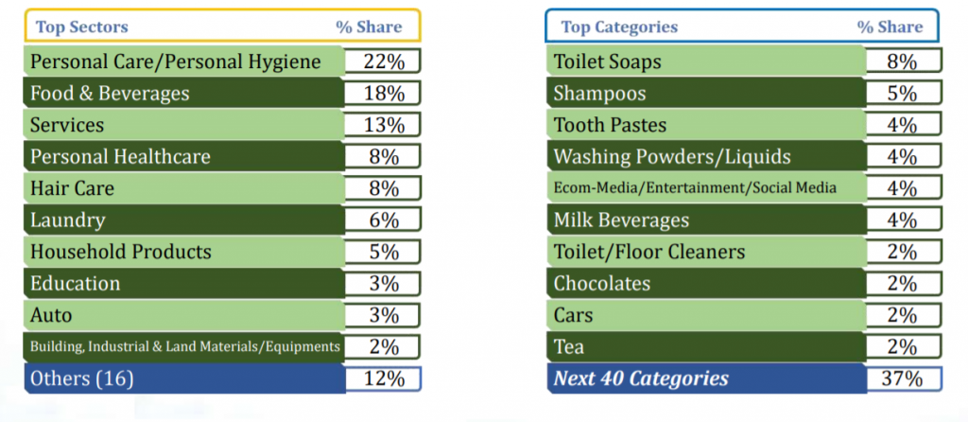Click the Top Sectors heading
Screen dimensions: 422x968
[x=82, y=27]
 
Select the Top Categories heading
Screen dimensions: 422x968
[x=619, y=27]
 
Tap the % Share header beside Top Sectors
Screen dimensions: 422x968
[x=369, y=27]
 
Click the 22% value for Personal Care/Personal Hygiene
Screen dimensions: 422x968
[x=382, y=62]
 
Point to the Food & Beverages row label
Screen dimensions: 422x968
[x=110, y=94]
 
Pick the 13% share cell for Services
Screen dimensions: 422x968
[x=382, y=126]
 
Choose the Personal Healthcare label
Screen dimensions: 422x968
[x=120, y=157]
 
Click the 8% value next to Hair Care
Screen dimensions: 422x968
[x=382, y=188]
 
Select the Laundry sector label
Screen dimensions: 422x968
[x=68, y=220]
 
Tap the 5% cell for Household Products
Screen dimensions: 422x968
[x=382, y=252]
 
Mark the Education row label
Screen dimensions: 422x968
[x=76, y=284]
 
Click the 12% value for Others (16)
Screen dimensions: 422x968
[x=382, y=378]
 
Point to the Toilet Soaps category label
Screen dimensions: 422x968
[x=608, y=62]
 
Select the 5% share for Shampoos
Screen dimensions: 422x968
[x=902, y=94]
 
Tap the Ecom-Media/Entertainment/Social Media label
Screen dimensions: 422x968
[x=695, y=188]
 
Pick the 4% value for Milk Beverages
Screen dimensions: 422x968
[x=902, y=220]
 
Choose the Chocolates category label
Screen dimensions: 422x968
[x=602, y=284]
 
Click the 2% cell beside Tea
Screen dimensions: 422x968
[x=902, y=346]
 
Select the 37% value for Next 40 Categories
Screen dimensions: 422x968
[x=902, y=378]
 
